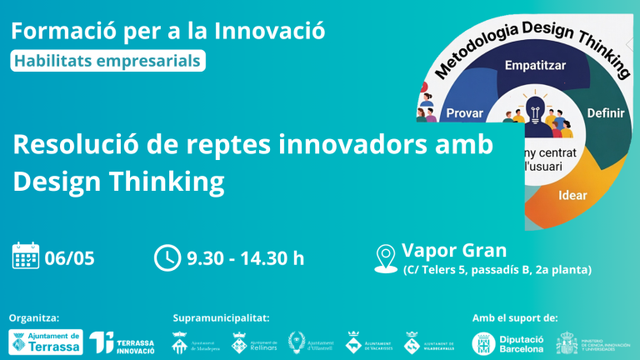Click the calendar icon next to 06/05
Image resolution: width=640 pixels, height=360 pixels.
(26, 256)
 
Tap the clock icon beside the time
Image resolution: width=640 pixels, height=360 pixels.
(167, 257)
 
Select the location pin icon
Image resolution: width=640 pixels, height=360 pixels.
(386, 257)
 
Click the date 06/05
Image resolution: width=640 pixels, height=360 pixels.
(69, 257)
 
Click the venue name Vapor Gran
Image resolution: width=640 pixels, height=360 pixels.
(454, 249)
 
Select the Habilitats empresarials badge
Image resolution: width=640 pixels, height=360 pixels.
(107, 60)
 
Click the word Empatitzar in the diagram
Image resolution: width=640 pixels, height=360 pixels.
(536, 63)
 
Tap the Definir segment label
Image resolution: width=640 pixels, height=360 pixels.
(606, 112)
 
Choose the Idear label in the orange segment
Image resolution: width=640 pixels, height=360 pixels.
(573, 197)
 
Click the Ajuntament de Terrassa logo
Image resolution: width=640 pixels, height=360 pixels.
(45, 342)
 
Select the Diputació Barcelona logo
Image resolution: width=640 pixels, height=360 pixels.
(507, 342)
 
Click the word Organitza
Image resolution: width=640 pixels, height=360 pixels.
(33, 317)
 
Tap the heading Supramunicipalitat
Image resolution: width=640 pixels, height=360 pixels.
(221, 317)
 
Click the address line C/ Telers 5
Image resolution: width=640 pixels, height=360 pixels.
(497, 270)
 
